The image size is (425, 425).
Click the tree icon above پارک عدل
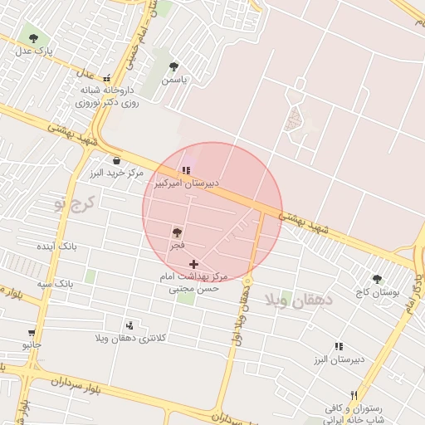33,38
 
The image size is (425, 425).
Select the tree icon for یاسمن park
173,66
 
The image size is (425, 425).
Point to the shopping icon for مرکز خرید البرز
115,160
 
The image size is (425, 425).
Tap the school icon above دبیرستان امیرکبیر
186,170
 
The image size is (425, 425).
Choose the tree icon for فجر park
177,233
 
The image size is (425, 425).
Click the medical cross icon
194,264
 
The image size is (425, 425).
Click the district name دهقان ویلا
292,300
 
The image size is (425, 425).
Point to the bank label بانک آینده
57,247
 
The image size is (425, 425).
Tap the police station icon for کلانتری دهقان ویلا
129,325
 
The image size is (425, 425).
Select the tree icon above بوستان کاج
377,280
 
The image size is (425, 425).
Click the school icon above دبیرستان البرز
338,346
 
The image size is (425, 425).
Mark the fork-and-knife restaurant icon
354,395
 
